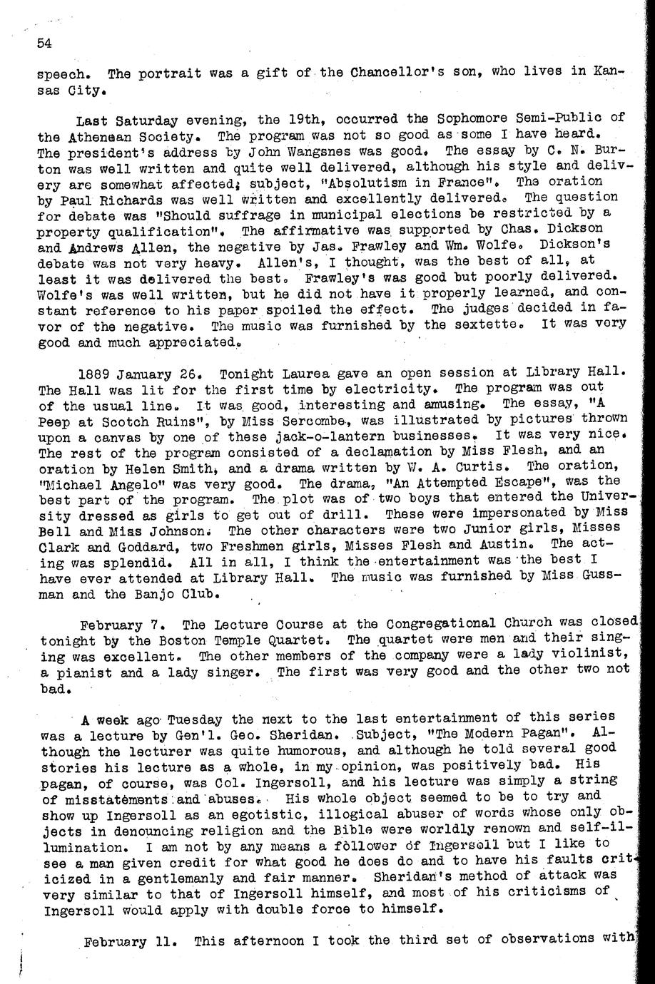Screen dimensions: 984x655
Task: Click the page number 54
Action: click(45, 43)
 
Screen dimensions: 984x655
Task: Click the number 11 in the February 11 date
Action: click(161, 941)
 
